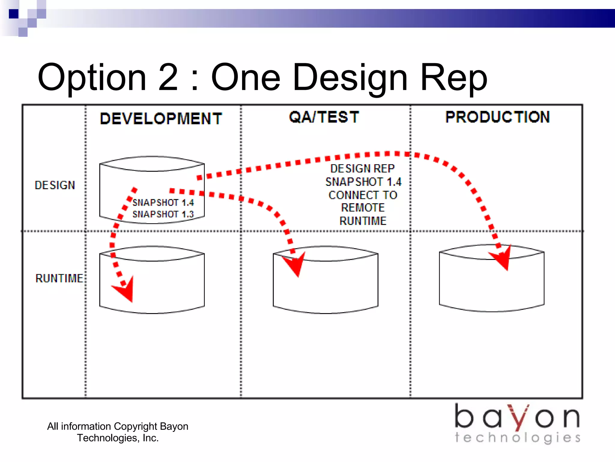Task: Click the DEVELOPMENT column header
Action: coord(161,118)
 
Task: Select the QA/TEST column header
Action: coord(324,117)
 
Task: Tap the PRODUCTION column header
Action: coord(498,117)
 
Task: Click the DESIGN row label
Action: coord(55,185)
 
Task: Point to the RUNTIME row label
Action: coord(59,278)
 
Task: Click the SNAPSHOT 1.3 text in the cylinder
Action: coord(163,214)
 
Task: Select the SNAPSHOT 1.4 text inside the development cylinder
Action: coord(163,202)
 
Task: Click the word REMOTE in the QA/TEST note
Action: coord(363,208)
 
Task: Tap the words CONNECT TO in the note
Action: coord(363,195)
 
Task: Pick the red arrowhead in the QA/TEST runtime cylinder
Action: coord(295,263)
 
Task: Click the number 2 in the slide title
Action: coord(168,77)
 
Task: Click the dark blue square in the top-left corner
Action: coord(14,14)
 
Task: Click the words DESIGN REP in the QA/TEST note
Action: coord(362,168)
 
